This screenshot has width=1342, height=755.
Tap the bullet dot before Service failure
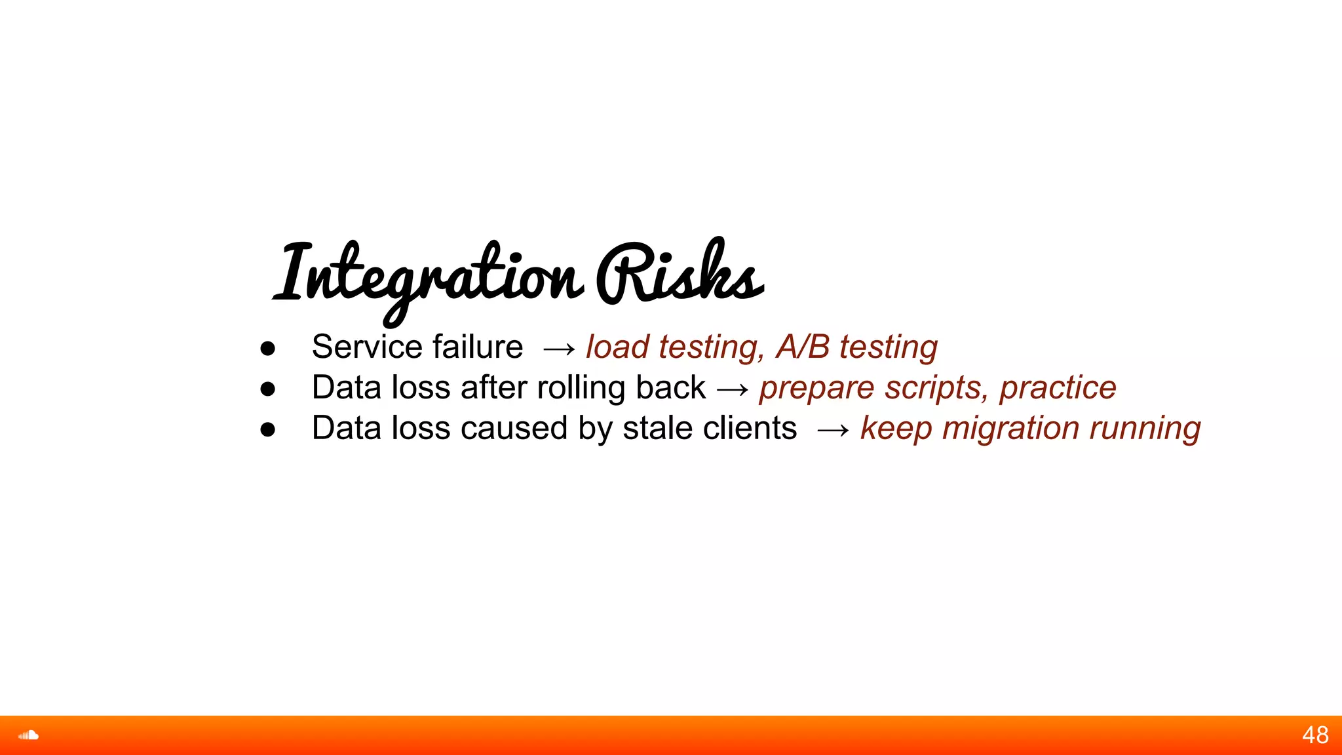[267, 349]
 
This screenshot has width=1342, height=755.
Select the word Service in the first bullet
[367, 347]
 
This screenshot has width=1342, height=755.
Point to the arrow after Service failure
[559, 349]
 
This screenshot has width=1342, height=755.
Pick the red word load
[617, 347]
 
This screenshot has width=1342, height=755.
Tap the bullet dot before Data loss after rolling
[267, 389]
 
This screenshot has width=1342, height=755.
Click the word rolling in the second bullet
[581, 388]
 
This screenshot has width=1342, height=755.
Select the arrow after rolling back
[732, 390]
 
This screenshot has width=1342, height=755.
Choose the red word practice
[1058, 387]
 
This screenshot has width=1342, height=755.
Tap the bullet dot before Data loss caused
[267, 430]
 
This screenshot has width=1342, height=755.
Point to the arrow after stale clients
[833, 431]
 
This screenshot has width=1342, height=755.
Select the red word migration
[1010, 429]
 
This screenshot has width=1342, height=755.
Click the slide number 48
[1315, 735]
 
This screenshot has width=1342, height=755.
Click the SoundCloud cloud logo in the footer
[28, 735]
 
